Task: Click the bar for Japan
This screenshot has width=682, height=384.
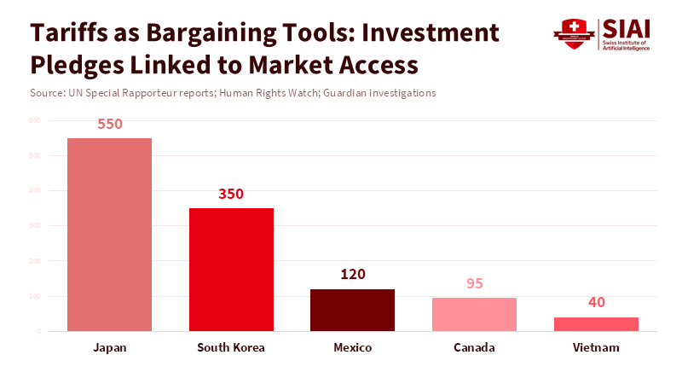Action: pyautogui.click(x=109, y=235)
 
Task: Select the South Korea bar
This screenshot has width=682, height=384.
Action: pyautogui.click(x=231, y=270)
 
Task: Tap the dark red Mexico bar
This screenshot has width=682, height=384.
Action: pyautogui.click(x=352, y=310)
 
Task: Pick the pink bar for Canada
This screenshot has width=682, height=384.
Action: pyautogui.click(x=474, y=314)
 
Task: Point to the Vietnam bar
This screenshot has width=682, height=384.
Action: pyautogui.click(x=596, y=324)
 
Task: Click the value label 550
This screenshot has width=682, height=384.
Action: pyautogui.click(x=110, y=124)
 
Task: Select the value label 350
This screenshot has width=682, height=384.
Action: pyautogui.click(x=231, y=194)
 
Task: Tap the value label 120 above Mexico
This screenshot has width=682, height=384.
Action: pyautogui.click(x=352, y=274)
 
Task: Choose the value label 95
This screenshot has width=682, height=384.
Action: pyautogui.click(x=474, y=283)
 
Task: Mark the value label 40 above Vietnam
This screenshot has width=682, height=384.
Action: pyautogui.click(x=596, y=302)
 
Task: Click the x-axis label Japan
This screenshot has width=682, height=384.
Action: pyautogui.click(x=110, y=348)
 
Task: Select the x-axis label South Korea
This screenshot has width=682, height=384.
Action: pyautogui.click(x=231, y=348)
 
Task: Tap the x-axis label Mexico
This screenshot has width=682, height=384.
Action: pyautogui.click(x=352, y=348)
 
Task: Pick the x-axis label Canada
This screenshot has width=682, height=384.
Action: pyautogui.click(x=474, y=348)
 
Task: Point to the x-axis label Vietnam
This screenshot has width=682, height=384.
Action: pyautogui.click(x=596, y=348)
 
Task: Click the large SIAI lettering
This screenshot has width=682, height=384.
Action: pyautogui.click(x=626, y=28)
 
